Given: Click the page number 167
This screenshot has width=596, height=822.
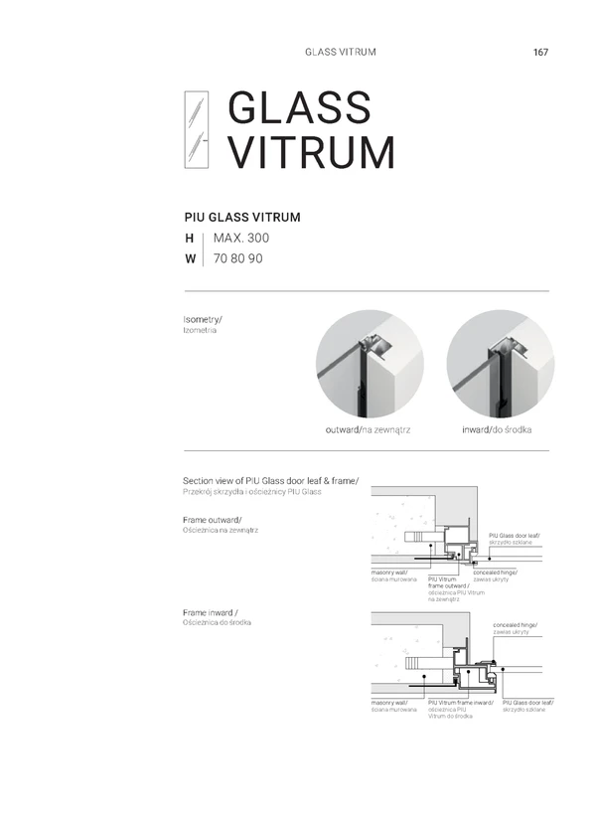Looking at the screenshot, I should pyautogui.click(x=540, y=52).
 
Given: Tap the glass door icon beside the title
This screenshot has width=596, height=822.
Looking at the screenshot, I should pyautogui.click(x=197, y=129).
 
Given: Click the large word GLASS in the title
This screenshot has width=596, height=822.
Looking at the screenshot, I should pyautogui.click(x=299, y=109).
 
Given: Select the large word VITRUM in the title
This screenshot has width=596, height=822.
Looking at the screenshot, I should pyautogui.click(x=311, y=152).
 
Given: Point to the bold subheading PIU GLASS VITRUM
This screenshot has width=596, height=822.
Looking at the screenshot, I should pyautogui.click(x=242, y=216).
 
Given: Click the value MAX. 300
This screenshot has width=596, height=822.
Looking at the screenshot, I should pyautogui.click(x=240, y=239).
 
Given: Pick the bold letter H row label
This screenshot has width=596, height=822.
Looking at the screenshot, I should pyautogui.click(x=189, y=239).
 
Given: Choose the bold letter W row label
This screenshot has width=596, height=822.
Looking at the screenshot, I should pyautogui.click(x=190, y=259).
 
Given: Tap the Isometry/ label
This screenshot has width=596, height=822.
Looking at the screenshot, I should pyautogui.click(x=203, y=319).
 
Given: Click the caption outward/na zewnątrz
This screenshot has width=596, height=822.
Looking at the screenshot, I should pyautogui.click(x=369, y=429).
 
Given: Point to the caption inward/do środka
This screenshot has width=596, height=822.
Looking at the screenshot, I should pyautogui.click(x=498, y=429).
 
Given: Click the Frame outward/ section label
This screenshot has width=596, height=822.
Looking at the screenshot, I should pyautogui.click(x=213, y=520).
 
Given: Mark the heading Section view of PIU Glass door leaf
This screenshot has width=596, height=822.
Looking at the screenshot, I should pyautogui.click(x=270, y=481).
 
